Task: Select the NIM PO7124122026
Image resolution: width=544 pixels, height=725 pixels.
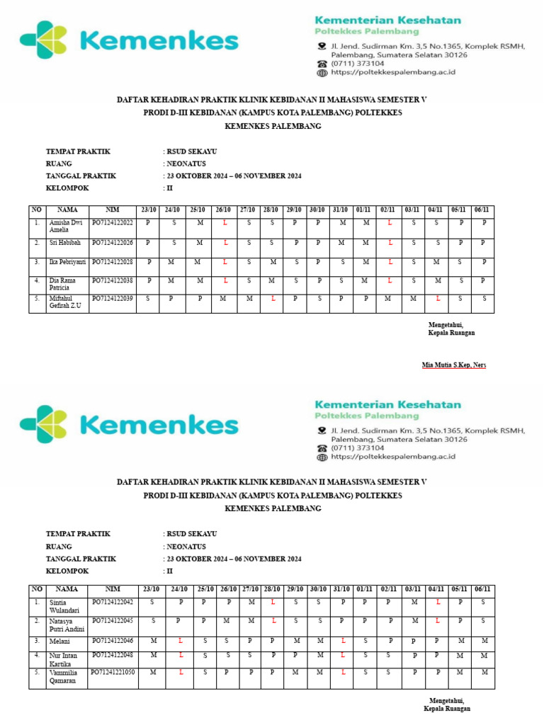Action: pos(113,243)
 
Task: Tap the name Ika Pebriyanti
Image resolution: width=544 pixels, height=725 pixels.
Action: pos(67,262)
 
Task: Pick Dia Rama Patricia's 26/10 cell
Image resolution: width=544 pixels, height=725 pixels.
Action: pos(224,280)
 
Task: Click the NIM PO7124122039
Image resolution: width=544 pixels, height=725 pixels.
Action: pos(113,299)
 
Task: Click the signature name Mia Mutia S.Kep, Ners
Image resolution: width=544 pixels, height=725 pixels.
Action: pos(454,365)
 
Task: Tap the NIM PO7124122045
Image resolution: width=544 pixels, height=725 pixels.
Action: pos(113,621)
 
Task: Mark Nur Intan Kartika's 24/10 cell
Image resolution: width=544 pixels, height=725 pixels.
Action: pos(181,656)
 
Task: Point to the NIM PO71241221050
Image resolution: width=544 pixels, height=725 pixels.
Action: pos(113,672)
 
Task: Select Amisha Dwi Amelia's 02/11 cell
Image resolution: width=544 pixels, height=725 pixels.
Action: pos(390,223)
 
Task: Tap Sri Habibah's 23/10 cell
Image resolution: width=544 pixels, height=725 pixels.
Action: pos(148,243)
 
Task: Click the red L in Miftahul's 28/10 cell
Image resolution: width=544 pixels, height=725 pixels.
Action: pos(273,299)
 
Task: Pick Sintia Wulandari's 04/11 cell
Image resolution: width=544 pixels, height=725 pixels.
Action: pos(438,602)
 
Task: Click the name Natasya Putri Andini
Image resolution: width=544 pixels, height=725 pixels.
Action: pos(66,625)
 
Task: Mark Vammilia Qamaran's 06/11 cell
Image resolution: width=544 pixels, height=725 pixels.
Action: pos(483,672)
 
